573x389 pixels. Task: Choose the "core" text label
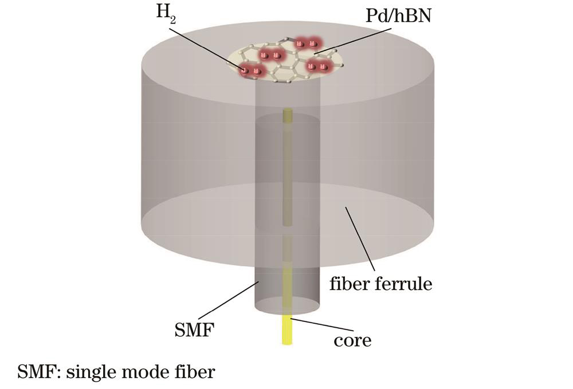click(352, 340)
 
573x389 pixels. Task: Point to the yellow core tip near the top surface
click(288, 116)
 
